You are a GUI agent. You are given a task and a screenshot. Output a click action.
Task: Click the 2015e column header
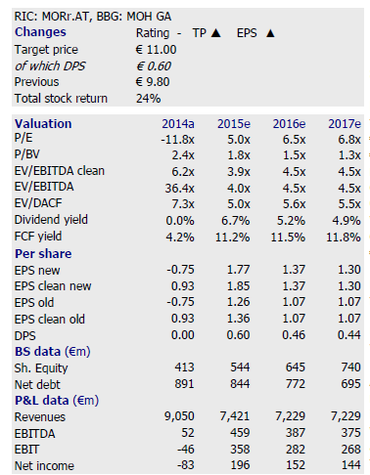[234, 124]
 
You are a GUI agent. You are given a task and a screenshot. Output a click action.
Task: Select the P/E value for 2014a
[177, 140]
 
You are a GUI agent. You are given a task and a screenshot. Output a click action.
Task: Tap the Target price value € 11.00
[156, 50]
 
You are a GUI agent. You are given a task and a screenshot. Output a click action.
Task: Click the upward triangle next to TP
[216, 33]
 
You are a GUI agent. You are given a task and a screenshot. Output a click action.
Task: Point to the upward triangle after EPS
[270, 33]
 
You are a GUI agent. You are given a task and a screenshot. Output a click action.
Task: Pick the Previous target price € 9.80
[153, 82]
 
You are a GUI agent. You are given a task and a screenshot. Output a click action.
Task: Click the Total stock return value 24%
[148, 99]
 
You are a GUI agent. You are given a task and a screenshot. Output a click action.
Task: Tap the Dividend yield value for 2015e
[236, 221]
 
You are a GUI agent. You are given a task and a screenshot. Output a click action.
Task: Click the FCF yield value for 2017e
[344, 237]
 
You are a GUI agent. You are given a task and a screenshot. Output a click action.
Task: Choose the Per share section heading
[43, 254]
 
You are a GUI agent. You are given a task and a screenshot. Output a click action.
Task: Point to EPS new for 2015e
[238, 270]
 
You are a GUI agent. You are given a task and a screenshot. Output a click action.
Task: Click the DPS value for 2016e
[294, 335]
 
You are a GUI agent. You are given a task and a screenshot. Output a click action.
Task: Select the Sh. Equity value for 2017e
[350, 367]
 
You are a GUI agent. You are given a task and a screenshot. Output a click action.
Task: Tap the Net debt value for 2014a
[184, 384]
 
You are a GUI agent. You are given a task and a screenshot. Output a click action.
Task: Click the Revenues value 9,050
[179, 416]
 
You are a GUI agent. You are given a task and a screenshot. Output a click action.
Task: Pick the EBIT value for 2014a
[185, 450]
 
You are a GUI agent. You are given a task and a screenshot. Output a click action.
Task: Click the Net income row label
[44, 466]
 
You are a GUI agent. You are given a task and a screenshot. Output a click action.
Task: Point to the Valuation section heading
[43, 124]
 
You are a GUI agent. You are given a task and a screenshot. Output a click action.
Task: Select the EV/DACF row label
[38, 203]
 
